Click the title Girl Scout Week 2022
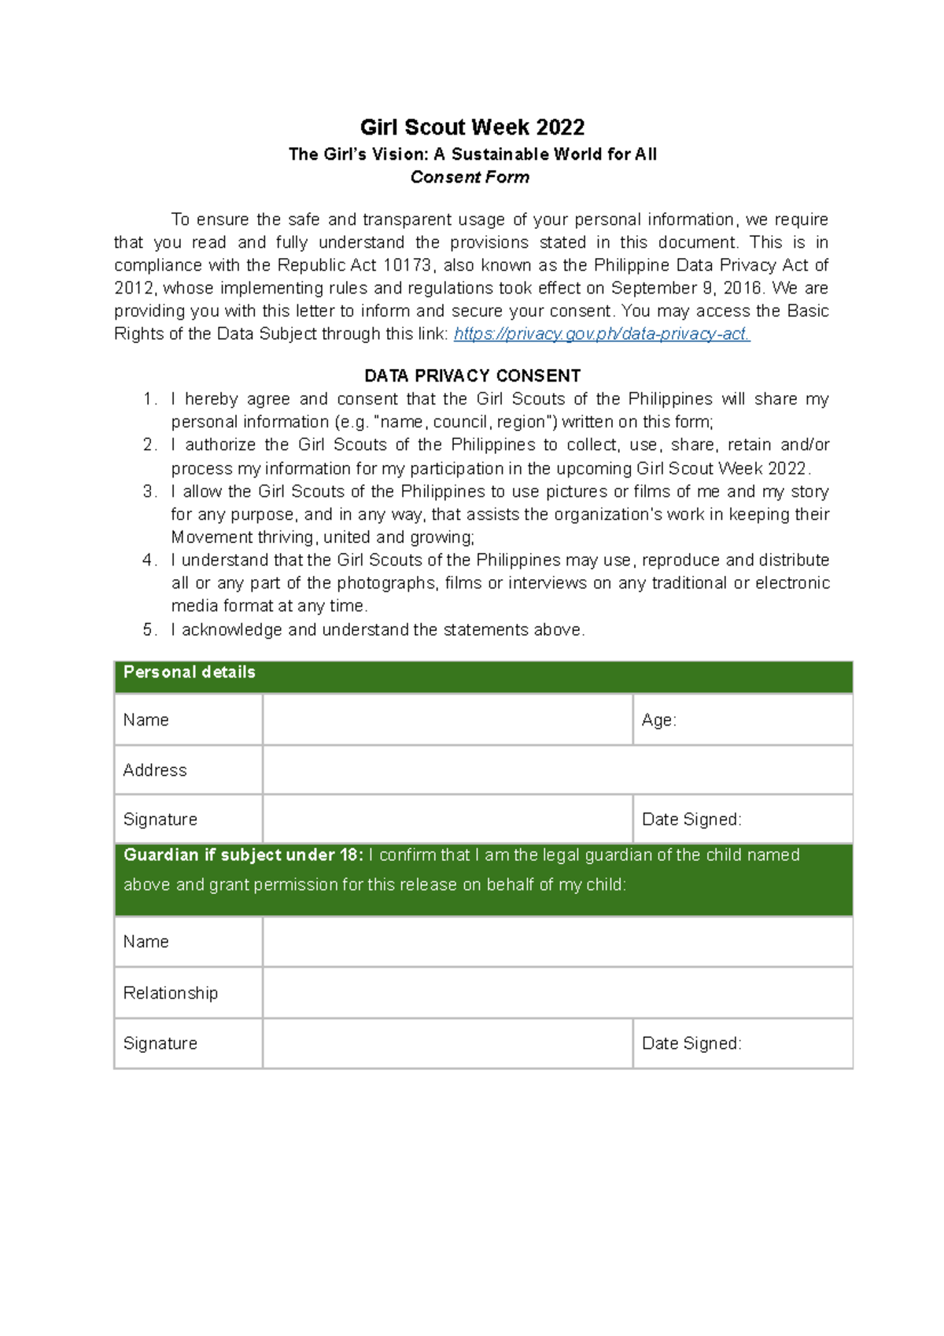point(472,127)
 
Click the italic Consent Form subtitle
point(470,177)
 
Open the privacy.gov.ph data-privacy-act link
point(602,334)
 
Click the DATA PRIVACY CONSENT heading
point(472,375)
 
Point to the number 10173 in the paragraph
point(407,265)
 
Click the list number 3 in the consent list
point(149,492)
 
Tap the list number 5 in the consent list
point(149,629)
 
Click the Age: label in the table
point(658,720)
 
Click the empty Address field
point(557,770)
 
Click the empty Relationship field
point(557,993)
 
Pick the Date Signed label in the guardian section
point(691,1043)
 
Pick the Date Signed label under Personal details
point(691,819)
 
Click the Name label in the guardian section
point(146,942)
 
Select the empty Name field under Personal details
point(447,720)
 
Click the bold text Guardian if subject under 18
point(243,855)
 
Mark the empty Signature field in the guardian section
point(447,1043)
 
